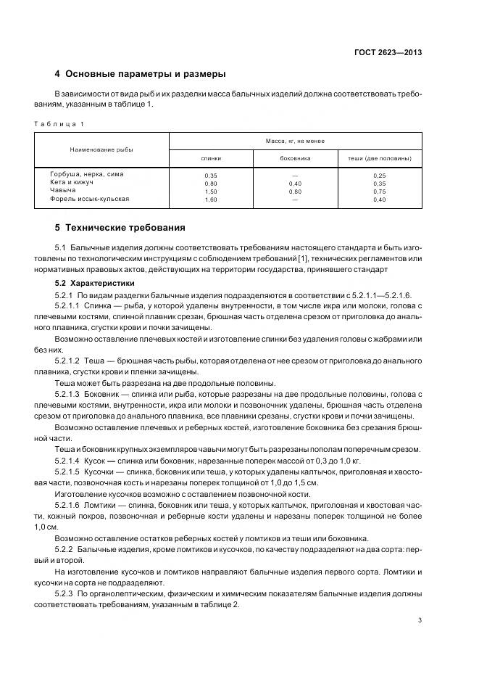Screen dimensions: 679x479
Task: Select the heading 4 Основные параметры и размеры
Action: [x=141, y=74]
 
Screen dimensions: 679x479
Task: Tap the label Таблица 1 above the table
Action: [x=59, y=123]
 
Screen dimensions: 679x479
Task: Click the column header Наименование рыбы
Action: [x=101, y=149]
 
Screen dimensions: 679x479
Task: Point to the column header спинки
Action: [x=211, y=157]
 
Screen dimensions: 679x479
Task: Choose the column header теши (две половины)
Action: [x=380, y=157]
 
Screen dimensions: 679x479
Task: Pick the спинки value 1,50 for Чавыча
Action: [x=211, y=191]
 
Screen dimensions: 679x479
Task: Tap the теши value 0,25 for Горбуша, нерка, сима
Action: [x=380, y=176]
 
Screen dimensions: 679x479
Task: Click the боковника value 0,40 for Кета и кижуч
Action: [x=295, y=184]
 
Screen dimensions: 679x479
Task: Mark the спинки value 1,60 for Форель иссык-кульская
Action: [x=211, y=199]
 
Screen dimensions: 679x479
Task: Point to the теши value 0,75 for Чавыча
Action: [x=380, y=191]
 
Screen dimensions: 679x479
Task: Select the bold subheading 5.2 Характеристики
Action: [x=90, y=283]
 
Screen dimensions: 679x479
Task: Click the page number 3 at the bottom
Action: [x=420, y=620]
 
